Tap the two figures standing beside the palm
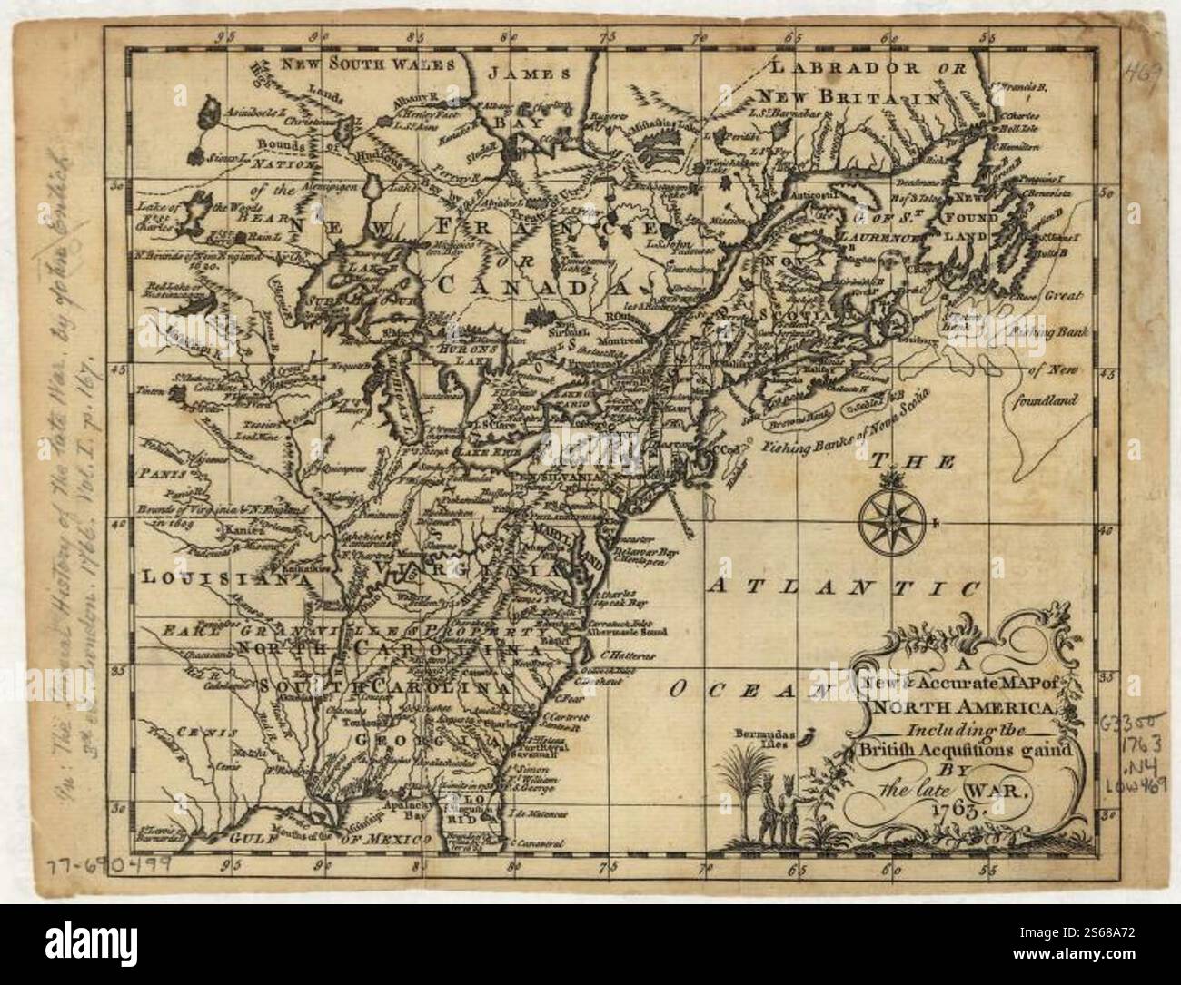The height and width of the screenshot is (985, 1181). coord(778,804)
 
